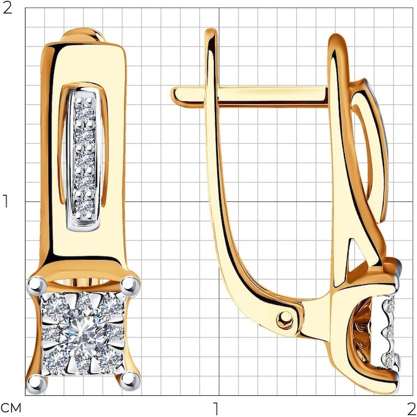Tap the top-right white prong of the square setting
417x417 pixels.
[x=130, y=285]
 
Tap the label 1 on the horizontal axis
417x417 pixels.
[x=216, y=408]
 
